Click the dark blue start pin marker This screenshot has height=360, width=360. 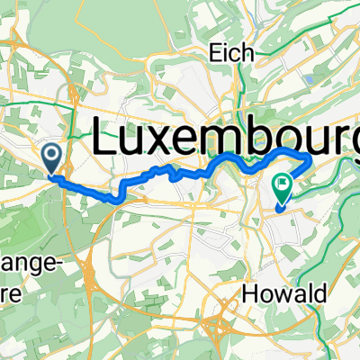pos(52,160)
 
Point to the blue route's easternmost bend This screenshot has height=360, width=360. pos(311,160)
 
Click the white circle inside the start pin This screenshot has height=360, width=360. pos(52,156)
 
